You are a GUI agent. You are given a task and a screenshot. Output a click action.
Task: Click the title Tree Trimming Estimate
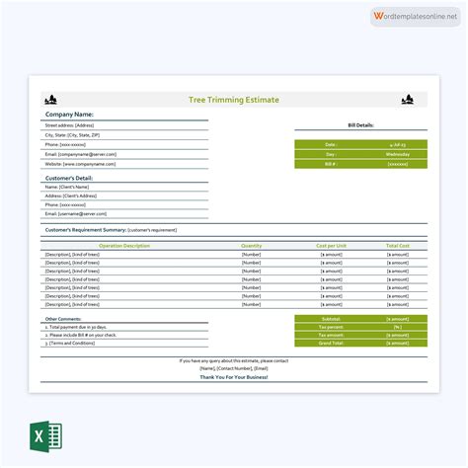[234, 100]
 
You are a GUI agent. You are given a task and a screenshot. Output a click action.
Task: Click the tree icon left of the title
[50, 100]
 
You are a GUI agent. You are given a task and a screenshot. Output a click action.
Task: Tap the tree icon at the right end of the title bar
[406, 100]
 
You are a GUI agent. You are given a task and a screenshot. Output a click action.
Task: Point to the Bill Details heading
[360, 126]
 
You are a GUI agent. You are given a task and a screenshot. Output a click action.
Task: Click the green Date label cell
[330, 145]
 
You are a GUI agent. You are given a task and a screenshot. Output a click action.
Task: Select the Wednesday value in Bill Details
[397, 154]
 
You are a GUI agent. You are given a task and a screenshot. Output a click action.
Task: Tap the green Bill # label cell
[330, 164]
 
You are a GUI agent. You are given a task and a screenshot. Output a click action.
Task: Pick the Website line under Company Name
[80, 164]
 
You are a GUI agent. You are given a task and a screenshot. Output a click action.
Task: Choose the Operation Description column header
[124, 246]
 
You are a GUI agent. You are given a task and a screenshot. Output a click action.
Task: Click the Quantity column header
[252, 246]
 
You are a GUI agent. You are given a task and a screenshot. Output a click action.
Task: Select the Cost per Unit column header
[331, 246]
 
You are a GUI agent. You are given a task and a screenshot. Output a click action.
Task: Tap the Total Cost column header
[397, 246]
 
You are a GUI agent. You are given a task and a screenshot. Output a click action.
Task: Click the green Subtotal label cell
[330, 319]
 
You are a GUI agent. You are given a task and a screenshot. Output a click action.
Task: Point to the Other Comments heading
[64, 319]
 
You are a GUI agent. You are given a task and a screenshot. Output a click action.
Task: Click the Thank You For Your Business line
[234, 377]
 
